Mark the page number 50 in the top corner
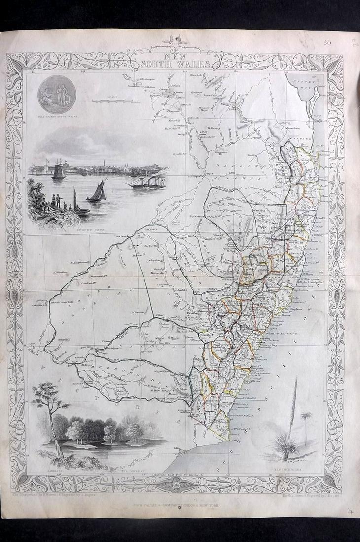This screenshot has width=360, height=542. coord(327,43)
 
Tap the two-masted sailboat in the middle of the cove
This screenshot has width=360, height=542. coord(97,190)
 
